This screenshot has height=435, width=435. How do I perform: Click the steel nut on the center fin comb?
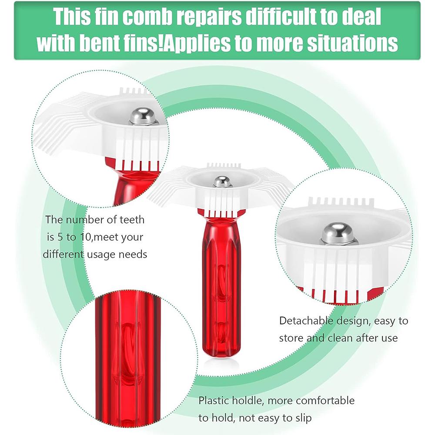tap(222, 181)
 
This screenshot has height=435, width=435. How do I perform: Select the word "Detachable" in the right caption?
tap(307, 321)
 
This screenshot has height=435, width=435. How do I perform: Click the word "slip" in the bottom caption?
tap(302, 418)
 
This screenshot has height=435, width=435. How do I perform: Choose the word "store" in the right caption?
tap(293, 338)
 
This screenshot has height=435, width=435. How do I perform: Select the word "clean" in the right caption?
tap(340, 338)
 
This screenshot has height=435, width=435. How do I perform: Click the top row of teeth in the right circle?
tap(335, 203)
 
